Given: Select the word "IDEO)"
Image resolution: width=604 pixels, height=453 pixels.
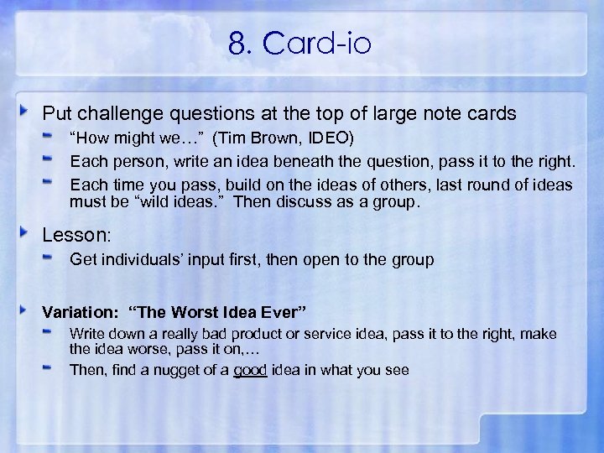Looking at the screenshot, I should (x=336, y=138).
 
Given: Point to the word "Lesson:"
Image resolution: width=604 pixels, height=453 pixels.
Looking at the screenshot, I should (x=70, y=237).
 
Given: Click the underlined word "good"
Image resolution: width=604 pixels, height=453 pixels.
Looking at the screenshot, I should (x=250, y=369).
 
